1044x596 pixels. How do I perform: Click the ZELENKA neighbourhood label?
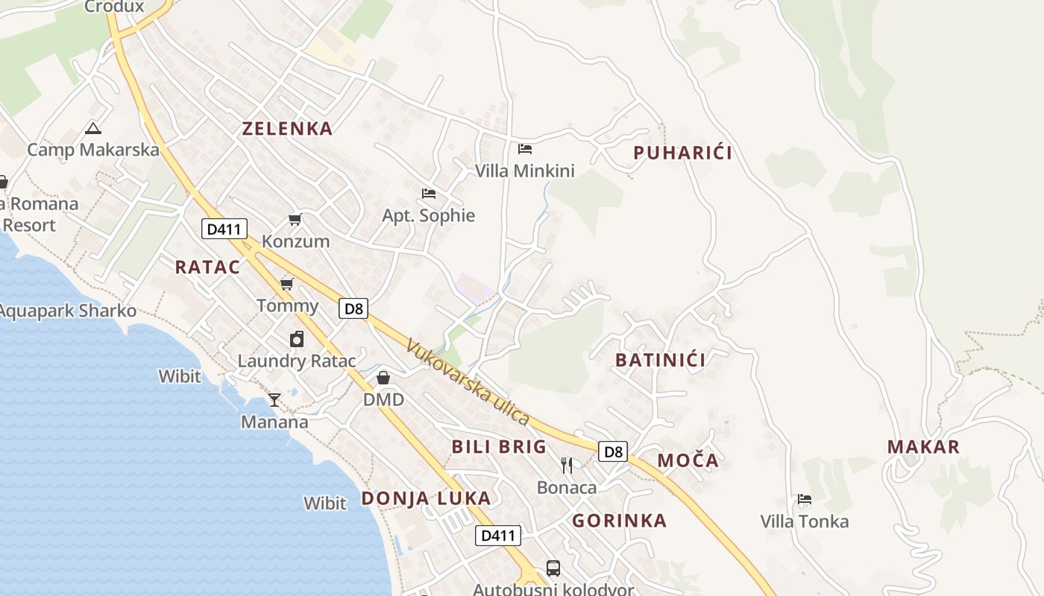(x=287, y=128)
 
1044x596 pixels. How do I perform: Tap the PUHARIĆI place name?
(x=682, y=153)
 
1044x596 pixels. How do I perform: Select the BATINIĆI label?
(x=660, y=360)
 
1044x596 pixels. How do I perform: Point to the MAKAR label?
(x=923, y=447)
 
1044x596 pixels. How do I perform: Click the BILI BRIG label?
(x=499, y=447)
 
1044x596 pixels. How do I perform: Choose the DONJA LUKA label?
(x=426, y=498)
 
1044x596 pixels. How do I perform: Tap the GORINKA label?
(x=619, y=521)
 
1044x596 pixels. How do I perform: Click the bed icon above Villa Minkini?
(x=525, y=149)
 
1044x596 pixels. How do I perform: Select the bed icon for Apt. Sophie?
(x=428, y=194)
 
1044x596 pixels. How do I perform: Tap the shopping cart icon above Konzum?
(x=295, y=219)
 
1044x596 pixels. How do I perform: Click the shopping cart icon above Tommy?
(x=287, y=284)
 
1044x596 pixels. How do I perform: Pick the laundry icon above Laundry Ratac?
(x=297, y=339)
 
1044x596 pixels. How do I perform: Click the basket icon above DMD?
(x=383, y=378)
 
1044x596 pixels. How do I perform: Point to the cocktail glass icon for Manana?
(x=274, y=400)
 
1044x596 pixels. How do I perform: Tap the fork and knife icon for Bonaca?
(x=567, y=466)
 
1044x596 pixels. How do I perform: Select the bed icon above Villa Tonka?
(x=804, y=499)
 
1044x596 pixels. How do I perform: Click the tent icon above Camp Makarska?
(x=92, y=128)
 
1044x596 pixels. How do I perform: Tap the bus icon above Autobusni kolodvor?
(x=553, y=568)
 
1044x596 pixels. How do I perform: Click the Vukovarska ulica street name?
(x=468, y=382)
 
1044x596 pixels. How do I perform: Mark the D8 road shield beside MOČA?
(x=613, y=451)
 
